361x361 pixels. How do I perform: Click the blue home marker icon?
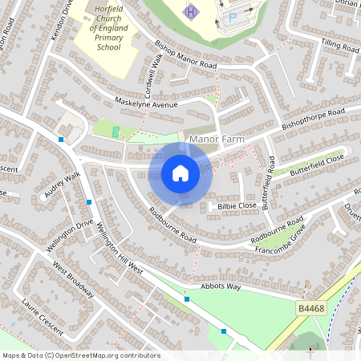(180, 173)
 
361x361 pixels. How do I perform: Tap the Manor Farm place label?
(215, 140)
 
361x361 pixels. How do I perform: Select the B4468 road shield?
(310, 307)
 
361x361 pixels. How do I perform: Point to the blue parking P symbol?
(233, 16)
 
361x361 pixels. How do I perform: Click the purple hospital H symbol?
(190, 12)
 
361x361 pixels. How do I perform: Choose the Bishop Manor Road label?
(186, 55)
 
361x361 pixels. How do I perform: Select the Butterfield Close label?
(316, 164)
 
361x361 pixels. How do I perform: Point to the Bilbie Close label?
(237, 206)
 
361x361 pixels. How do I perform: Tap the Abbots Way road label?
(221, 286)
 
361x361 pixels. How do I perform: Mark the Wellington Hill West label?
(119, 249)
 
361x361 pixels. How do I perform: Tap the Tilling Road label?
(340, 47)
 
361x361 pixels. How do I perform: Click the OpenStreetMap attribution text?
(81, 355)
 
